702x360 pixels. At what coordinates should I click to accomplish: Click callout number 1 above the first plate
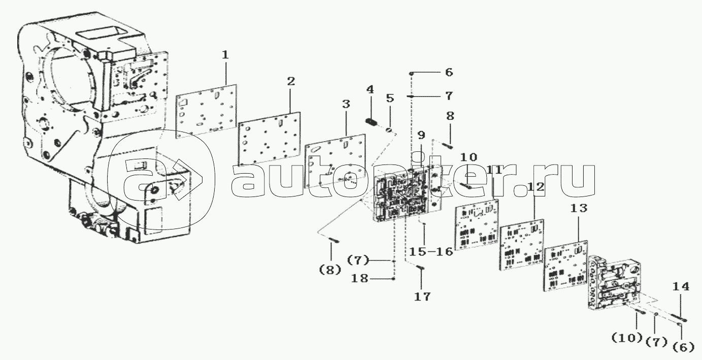coord(225,55)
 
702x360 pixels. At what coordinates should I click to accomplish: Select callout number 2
coord(291,81)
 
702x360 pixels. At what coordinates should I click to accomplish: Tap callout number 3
coord(346,104)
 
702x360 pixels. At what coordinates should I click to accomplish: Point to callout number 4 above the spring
coord(370,90)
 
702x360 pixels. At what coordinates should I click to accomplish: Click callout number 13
coord(579,208)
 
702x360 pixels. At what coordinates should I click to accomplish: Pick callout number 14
coord(681,286)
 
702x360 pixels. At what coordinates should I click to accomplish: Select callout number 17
coord(422,297)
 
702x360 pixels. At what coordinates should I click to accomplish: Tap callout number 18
coord(360,278)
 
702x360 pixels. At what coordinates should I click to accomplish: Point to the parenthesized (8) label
coord(330,270)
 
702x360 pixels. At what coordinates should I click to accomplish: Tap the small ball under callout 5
coord(389,130)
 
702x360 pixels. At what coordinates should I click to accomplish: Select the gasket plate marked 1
coord(206,111)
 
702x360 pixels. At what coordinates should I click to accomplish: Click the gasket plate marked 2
coord(270,139)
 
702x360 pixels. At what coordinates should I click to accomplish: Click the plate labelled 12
coord(522,245)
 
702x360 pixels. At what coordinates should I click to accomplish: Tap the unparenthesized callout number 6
coord(449,73)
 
